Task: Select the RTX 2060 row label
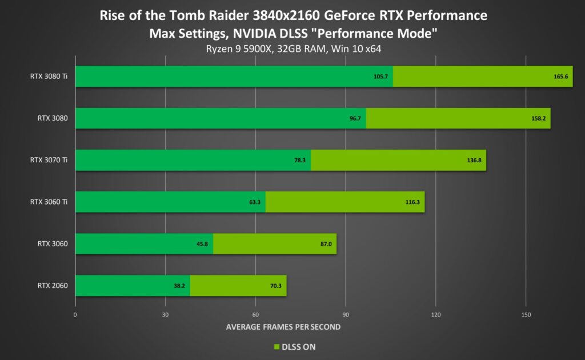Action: click(53, 286)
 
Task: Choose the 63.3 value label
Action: click(255, 202)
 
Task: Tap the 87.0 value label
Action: click(326, 244)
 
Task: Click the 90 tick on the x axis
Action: click(346, 315)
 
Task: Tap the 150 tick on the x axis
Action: click(526, 315)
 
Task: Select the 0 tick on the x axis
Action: click(75, 315)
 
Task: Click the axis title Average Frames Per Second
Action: click(283, 327)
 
